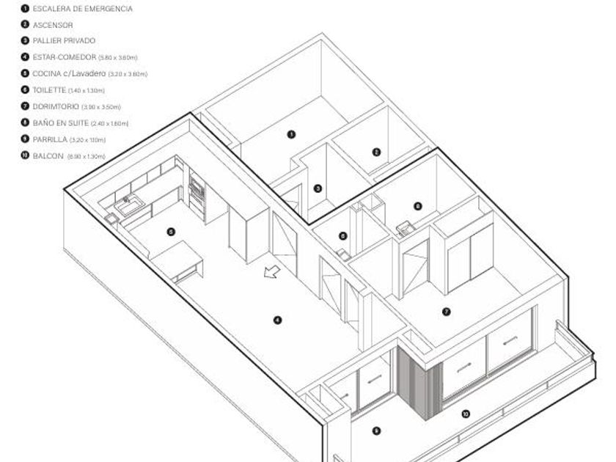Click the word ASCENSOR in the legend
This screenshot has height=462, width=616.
(x=53, y=25)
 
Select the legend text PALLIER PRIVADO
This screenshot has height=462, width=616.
(x=64, y=41)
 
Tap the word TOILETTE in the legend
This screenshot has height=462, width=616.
(x=49, y=89)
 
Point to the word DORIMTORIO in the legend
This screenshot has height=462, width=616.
(x=56, y=106)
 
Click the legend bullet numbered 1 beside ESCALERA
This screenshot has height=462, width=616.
(x=25, y=9)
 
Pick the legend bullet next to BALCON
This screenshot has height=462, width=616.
(x=25, y=155)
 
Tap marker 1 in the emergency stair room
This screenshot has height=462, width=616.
(x=291, y=134)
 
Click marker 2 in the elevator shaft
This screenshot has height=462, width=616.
(x=376, y=153)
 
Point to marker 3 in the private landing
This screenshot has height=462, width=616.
(x=318, y=188)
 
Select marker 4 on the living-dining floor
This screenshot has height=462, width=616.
(x=277, y=319)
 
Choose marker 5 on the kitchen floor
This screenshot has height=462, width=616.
(x=170, y=232)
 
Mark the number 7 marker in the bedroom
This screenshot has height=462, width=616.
(x=446, y=312)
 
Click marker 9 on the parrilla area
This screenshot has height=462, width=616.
(x=376, y=431)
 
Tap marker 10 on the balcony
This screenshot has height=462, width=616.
(x=465, y=414)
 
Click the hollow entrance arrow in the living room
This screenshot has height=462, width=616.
(x=272, y=273)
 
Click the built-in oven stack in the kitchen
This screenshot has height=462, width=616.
(x=197, y=192)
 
